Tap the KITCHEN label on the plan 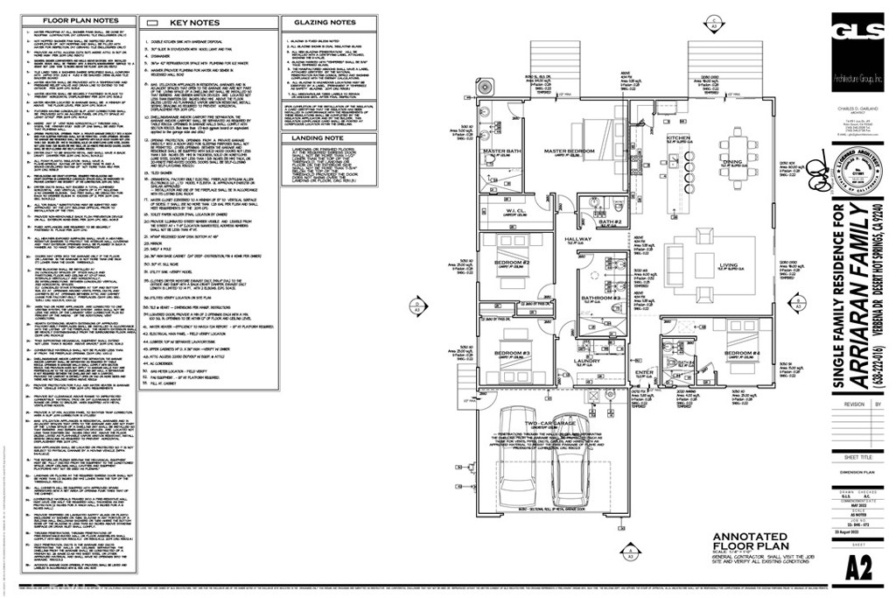coord(680,138)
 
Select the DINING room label coord(732,161)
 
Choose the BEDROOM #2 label coord(513,263)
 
